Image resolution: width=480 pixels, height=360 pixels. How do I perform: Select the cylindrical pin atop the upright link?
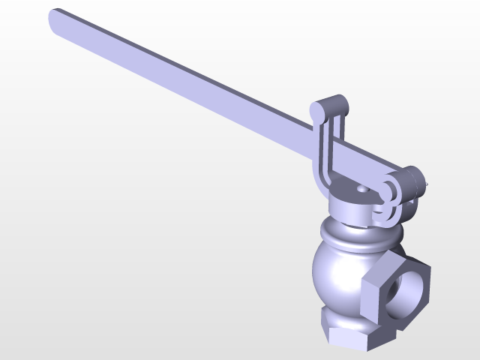(331, 107)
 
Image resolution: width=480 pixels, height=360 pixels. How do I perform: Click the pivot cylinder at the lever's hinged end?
(409, 181)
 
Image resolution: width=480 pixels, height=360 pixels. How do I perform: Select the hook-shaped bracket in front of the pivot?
(388, 196)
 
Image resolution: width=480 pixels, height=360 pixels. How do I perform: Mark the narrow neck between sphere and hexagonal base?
(345, 310)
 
